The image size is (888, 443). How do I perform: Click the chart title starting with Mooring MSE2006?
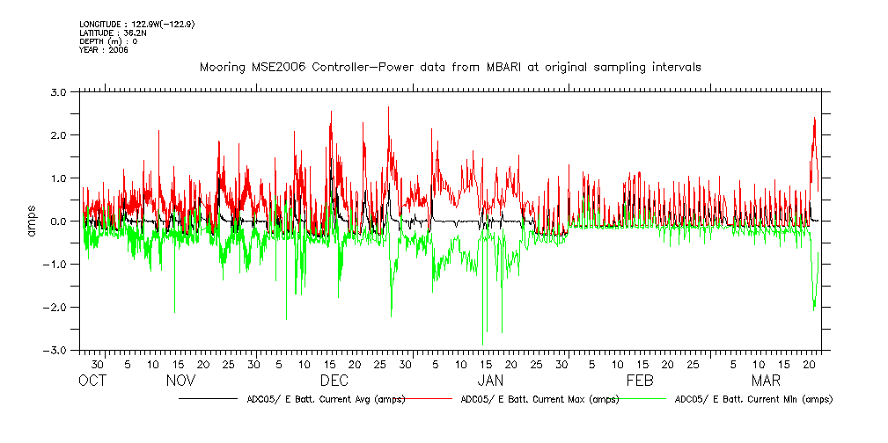point(450,67)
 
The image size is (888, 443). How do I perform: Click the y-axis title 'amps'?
point(32,221)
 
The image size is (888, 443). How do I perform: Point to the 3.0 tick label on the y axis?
point(59,91)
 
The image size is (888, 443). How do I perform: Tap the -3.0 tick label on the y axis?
point(57,351)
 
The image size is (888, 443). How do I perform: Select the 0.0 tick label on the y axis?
point(59,221)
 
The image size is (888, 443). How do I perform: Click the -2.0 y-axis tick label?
point(57,308)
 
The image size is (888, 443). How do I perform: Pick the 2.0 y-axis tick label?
point(59,135)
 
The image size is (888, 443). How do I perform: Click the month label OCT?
point(92,381)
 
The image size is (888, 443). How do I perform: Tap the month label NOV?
point(180,381)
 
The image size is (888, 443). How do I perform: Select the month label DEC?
point(334,381)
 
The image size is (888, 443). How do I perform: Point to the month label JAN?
point(490,381)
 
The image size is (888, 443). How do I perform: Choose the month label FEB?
point(640,381)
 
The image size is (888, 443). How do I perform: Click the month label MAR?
point(766,381)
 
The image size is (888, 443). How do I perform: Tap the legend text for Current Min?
point(752,399)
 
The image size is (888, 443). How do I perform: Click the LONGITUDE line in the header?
point(136,24)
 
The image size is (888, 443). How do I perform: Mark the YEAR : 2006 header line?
point(103,50)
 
